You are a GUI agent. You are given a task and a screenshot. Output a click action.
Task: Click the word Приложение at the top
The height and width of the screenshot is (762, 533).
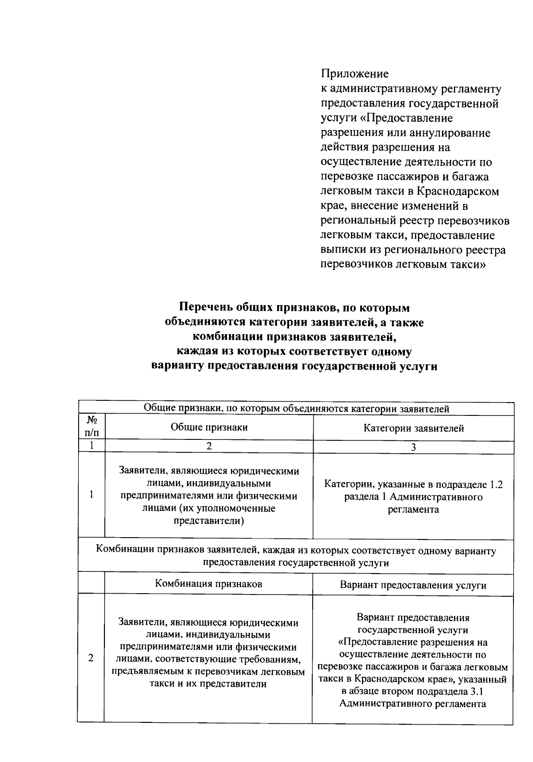coord(354,73)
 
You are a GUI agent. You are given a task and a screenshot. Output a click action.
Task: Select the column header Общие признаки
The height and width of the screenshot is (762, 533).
coord(209,427)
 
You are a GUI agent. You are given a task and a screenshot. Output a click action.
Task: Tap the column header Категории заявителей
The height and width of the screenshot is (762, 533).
coord(414,428)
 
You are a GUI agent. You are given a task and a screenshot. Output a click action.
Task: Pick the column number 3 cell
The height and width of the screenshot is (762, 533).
coord(413,447)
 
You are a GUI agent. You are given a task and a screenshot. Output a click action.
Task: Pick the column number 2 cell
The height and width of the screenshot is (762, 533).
coord(209,446)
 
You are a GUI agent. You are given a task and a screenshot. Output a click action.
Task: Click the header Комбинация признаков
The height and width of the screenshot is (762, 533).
coord(208,583)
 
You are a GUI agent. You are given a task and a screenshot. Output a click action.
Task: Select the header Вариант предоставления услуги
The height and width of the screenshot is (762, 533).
coord(413,585)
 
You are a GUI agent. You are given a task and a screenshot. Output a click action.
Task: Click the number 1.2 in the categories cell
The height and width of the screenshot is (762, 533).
coord(496,484)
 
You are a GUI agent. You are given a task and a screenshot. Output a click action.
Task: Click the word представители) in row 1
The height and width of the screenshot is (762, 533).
coord(209,521)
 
